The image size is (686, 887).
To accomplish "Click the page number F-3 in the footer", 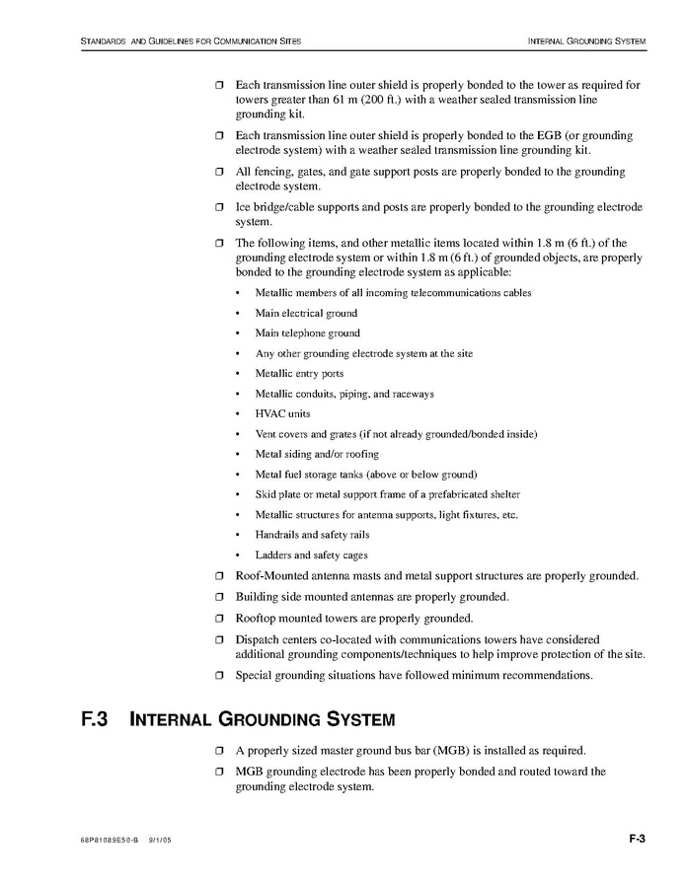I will click(636, 840).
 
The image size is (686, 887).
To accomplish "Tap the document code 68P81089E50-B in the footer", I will click(110, 841).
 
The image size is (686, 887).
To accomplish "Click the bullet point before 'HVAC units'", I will click(238, 414).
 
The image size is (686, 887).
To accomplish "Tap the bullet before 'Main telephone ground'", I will click(238, 333).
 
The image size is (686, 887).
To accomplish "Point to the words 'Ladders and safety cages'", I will click(311, 555).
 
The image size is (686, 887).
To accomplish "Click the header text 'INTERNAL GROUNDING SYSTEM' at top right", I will click(586, 41).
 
